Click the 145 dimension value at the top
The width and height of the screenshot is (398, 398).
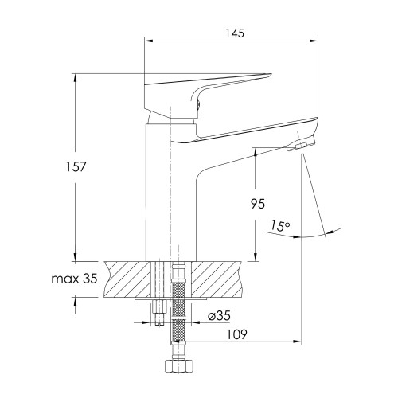coord(235,33)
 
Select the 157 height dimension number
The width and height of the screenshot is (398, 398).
coord(76,166)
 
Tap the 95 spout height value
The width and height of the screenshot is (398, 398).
coord(258,204)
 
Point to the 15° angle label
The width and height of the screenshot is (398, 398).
coord(280,226)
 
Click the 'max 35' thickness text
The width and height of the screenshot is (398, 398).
coord(74,279)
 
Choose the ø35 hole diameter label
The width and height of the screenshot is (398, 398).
coord(219,316)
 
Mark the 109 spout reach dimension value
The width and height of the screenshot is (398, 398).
coord(236,334)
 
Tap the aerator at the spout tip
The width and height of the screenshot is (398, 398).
coord(300,145)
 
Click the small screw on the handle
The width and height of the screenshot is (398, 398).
coord(197,104)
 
